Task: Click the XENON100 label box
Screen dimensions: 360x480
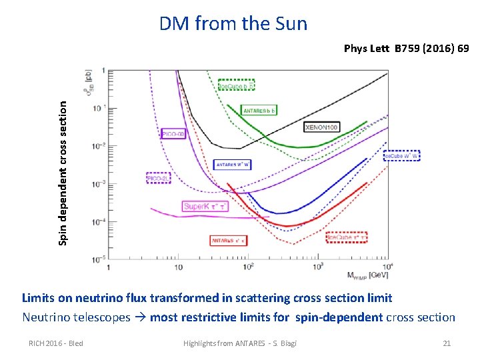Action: pyautogui.click(x=321, y=127)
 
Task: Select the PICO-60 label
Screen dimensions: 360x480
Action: pyautogui.click(x=172, y=133)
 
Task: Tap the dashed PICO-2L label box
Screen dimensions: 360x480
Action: pyautogui.click(x=157, y=179)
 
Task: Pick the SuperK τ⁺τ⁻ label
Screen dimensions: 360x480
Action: pyautogui.click(x=205, y=207)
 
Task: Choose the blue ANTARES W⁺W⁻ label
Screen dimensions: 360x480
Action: pyautogui.click(x=232, y=165)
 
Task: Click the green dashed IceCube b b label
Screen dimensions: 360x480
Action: pyautogui.click(x=237, y=85)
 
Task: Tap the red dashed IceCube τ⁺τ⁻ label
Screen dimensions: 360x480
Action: pyautogui.click(x=347, y=237)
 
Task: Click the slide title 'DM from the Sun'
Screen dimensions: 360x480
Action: pyautogui.click(x=233, y=24)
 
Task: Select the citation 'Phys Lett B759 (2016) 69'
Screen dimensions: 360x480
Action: pyautogui.click(x=406, y=49)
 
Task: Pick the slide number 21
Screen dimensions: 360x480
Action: pyautogui.click(x=447, y=343)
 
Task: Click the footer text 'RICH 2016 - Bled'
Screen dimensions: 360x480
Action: pyautogui.click(x=56, y=343)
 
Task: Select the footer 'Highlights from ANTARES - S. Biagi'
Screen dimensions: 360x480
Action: pyautogui.click(x=240, y=343)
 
